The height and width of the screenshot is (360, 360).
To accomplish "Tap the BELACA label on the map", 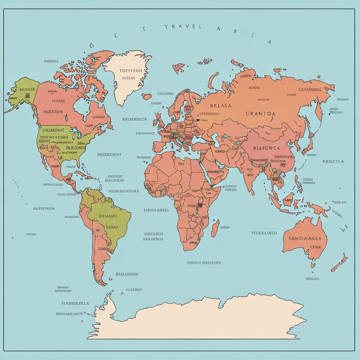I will pyautogui.click(x=221, y=105).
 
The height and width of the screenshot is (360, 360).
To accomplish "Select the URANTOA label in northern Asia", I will pyautogui.click(x=261, y=114).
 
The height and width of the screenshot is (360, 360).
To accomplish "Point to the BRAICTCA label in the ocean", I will pyautogui.click(x=333, y=162).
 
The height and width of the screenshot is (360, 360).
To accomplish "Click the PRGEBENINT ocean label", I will pyautogui.click(x=109, y=154).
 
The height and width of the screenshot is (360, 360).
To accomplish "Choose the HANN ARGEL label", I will pyautogui.click(x=156, y=210).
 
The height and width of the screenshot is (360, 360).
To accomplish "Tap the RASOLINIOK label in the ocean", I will pyautogui.click(x=44, y=208).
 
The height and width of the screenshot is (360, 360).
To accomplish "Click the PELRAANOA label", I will pyautogui.click(x=264, y=233).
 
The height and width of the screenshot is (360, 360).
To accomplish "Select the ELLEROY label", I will pyautogui.click(x=134, y=290).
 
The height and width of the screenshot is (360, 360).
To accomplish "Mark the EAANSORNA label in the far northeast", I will pyautogui.click(x=310, y=89).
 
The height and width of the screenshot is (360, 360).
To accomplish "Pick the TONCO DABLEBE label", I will pyautogui.click(x=204, y=262).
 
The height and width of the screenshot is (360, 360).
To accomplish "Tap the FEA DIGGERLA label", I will pyautogui.click(x=75, y=303).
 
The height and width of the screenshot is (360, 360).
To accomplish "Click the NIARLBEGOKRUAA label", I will pyautogui.click(x=124, y=192).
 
